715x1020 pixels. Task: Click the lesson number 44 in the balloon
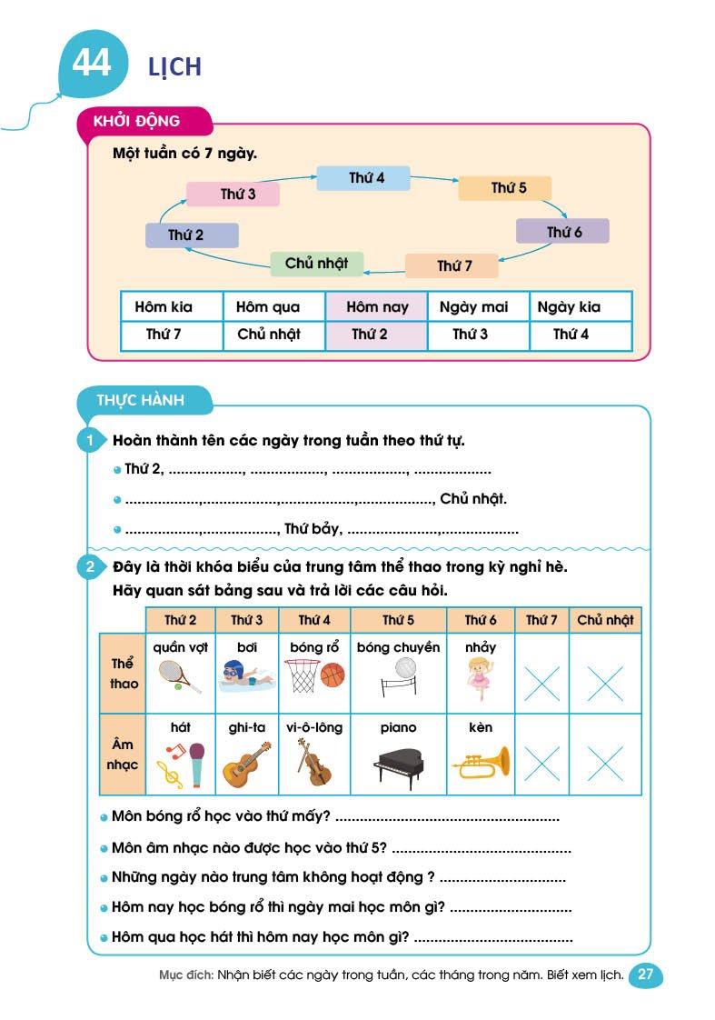coord(91,63)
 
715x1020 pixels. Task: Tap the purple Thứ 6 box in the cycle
coord(562,232)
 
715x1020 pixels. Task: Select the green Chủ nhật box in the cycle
coord(316,264)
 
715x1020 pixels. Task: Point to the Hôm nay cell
coord(376,307)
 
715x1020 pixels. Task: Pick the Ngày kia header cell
coord(570,307)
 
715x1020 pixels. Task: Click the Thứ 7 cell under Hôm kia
coord(164,335)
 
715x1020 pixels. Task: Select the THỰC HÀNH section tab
coord(140,400)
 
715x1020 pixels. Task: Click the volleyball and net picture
coord(397,677)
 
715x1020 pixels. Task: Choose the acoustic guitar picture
coord(246,764)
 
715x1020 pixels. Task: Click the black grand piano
coord(398,766)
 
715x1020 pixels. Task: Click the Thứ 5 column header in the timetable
coord(398,621)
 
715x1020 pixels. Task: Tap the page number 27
coord(646,975)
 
